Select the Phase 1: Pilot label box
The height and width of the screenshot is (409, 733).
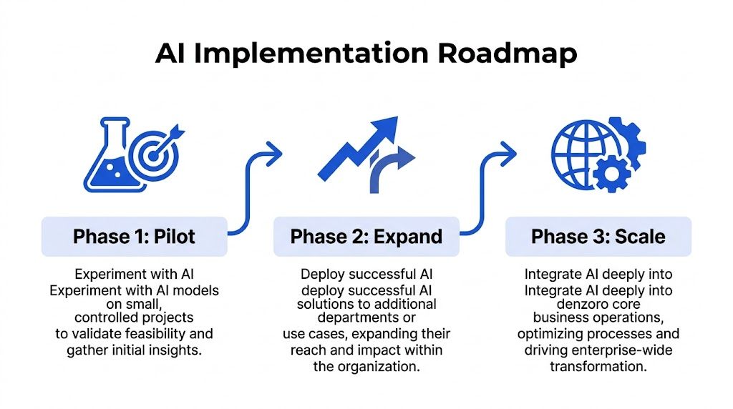[x=134, y=236]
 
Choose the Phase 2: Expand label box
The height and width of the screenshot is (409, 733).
[x=366, y=236]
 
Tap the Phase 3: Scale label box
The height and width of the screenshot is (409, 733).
[x=598, y=236]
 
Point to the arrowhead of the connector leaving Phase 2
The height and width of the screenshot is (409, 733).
[x=508, y=151]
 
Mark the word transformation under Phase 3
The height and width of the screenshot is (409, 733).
[x=598, y=365]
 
